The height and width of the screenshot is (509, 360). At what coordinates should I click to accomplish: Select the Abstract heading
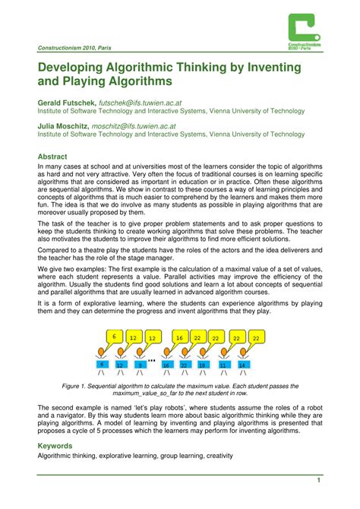53,156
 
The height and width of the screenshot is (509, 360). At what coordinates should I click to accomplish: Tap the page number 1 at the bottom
321,479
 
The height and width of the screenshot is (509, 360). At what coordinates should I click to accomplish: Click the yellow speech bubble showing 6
114,337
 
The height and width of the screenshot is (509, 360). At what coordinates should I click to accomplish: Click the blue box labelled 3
140,365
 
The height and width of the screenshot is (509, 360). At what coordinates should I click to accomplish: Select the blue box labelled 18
202,365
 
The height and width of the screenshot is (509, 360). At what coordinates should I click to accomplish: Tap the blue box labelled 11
223,365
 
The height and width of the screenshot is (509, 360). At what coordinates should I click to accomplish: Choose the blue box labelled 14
242,365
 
